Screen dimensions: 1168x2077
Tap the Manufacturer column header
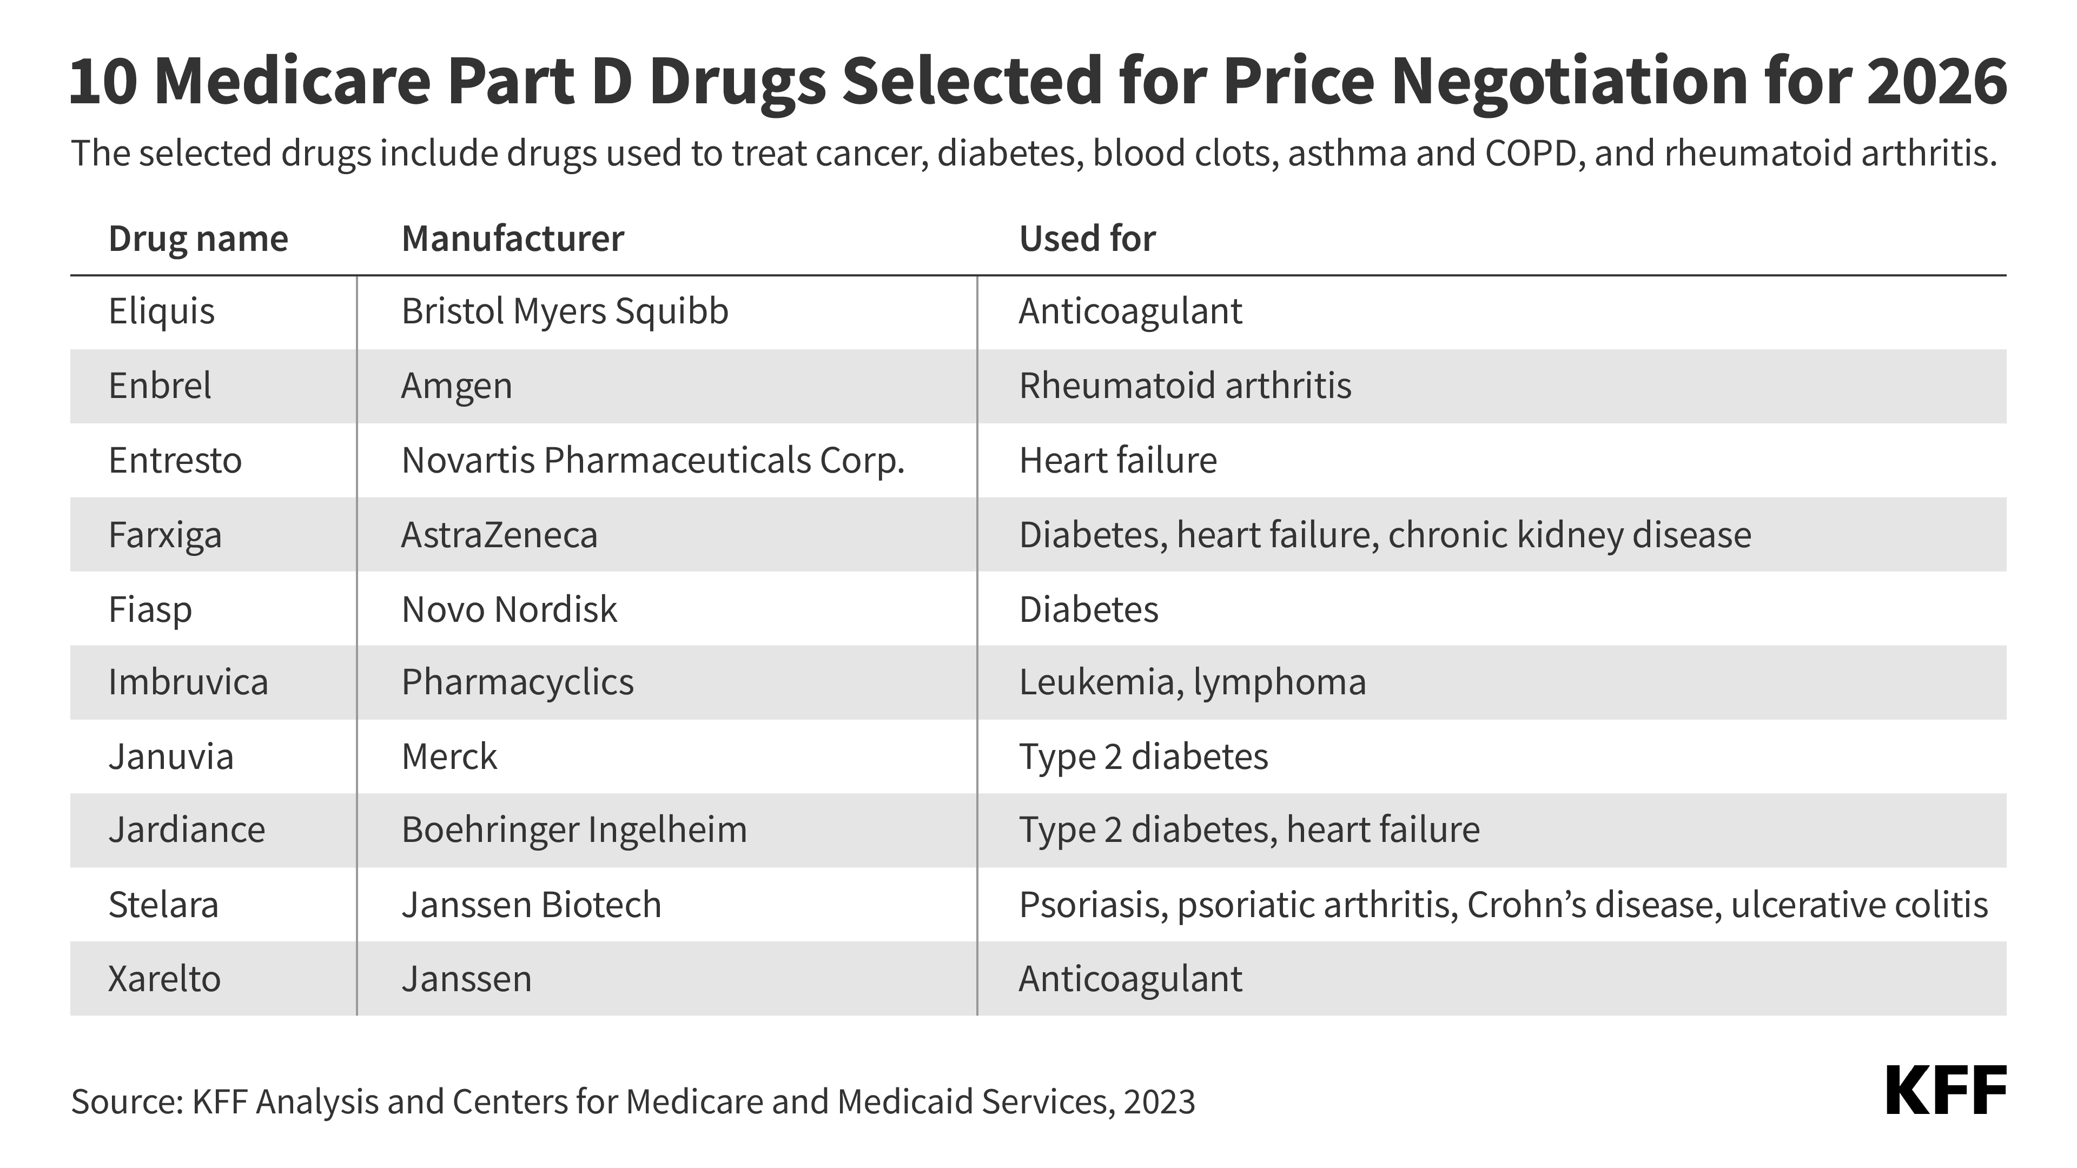pyautogui.click(x=512, y=238)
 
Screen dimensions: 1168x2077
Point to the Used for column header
pyautogui.click(x=1086, y=238)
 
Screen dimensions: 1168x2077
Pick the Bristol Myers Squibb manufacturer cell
pyautogui.click(x=564, y=311)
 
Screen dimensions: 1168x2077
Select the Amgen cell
pyautogui.click(x=457, y=386)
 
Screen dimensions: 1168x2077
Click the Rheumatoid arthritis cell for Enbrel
pyautogui.click(x=1185, y=386)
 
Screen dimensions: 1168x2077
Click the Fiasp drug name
pyautogui.click(x=150, y=610)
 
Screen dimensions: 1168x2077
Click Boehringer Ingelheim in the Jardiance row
pyautogui.click(x=574, y=830)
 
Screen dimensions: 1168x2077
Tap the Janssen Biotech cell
pyautogui.click(x=531, y=905)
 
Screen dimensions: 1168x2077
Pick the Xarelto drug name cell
pyautogui.click(x=164, y=979)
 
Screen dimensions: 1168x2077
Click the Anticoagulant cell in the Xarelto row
pyautogui.click(x=1129, y=979)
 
